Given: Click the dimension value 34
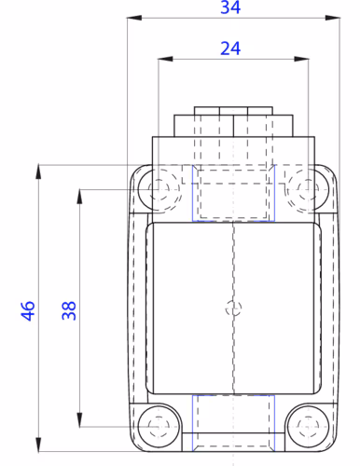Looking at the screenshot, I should [228, 8].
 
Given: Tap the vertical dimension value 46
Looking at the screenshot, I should [28, 310].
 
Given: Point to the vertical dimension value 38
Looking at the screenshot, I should [69, 310].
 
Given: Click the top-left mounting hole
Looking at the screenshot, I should [160, 190].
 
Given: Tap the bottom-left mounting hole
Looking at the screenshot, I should [160, 424].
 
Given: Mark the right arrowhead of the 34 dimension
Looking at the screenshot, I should [331, 18].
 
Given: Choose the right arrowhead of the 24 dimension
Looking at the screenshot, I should [299, 60].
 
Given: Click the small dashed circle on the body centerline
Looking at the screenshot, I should [233, 308].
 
